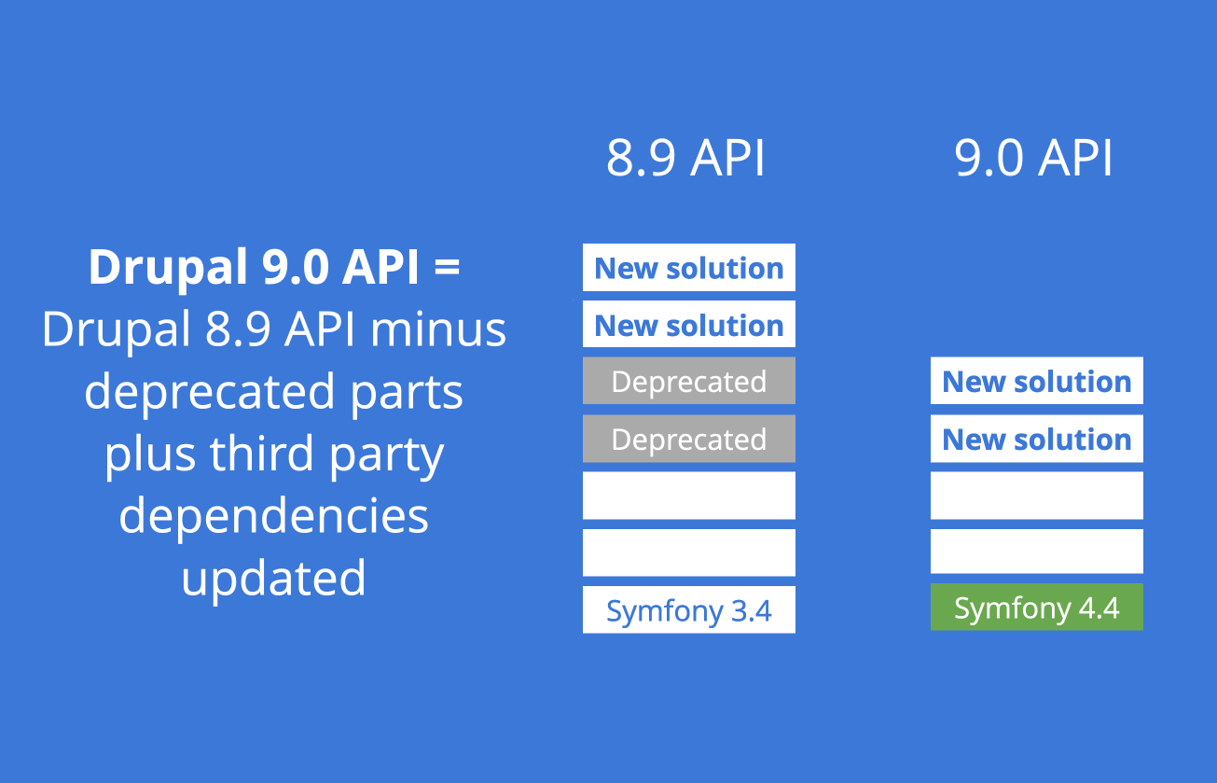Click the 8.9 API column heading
tap(685, 159)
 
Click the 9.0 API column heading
tap(1033, 159)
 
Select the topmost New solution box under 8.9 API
tap(689, 268)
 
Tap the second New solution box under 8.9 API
tap(689, 325)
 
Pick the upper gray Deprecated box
tap(689, 382)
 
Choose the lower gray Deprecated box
tap(689, 439)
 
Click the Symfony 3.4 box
tap(689, 610)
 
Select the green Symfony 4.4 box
tap(1036, 608)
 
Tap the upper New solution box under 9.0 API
tap(1036, 382)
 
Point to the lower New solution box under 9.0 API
tap(1036, 439)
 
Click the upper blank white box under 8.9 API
tap(689, 496)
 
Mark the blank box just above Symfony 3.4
tap(689, 552)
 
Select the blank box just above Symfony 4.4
tap(1036, 552)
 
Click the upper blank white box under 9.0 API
tap(1036, 496)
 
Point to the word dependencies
tap(274, 515)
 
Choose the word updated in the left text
tap(273, 578)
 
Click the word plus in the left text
tap(150, 454)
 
